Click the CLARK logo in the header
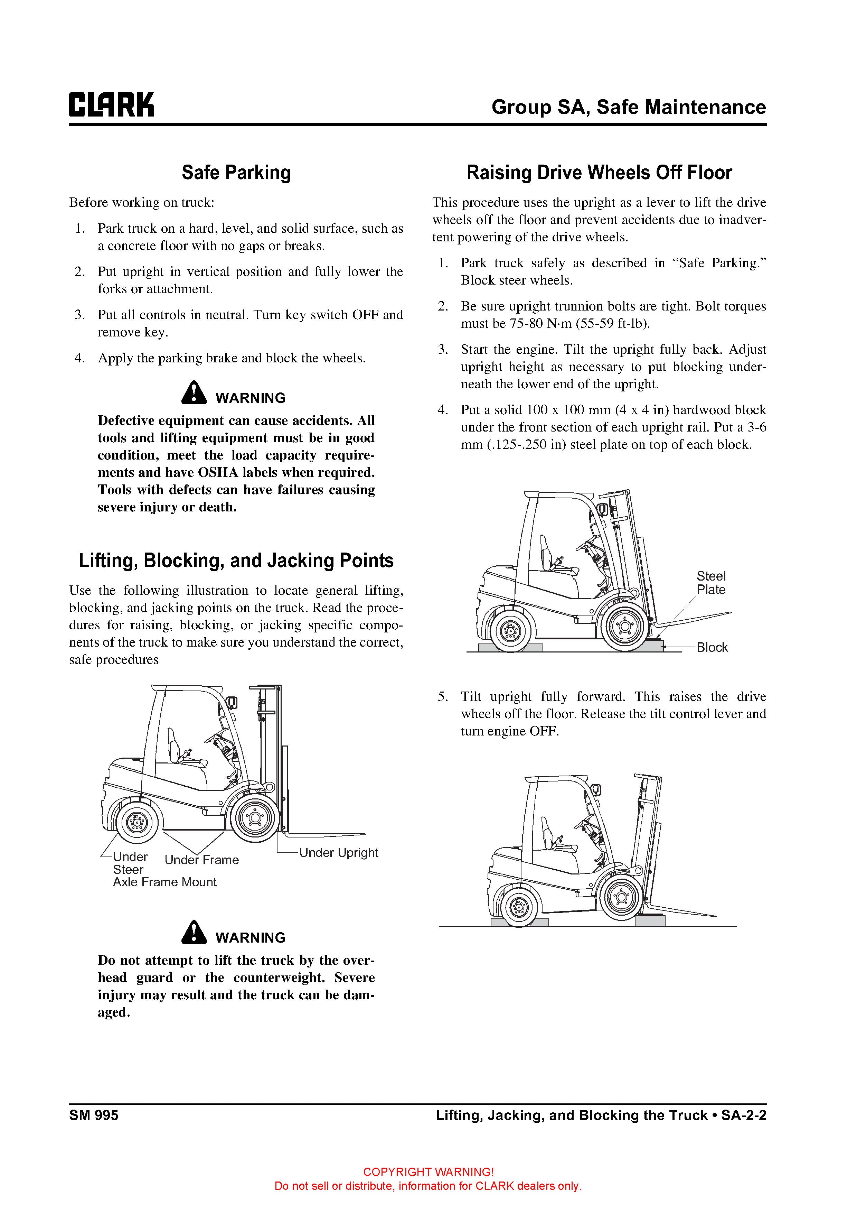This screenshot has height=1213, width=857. coord(111,105)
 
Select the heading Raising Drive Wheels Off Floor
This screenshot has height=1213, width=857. coord(599,173)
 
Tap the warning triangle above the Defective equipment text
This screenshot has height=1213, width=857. coord(194,393)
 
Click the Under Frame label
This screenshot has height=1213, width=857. coord(202,860)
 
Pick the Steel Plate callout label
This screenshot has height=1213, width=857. coord(711,583)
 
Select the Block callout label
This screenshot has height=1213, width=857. coord(712,647)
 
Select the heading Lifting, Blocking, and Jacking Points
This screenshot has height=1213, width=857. coord(236,561)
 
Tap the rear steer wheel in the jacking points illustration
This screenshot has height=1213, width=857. coord(137,823)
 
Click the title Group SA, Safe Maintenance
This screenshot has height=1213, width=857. coord(628,107)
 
